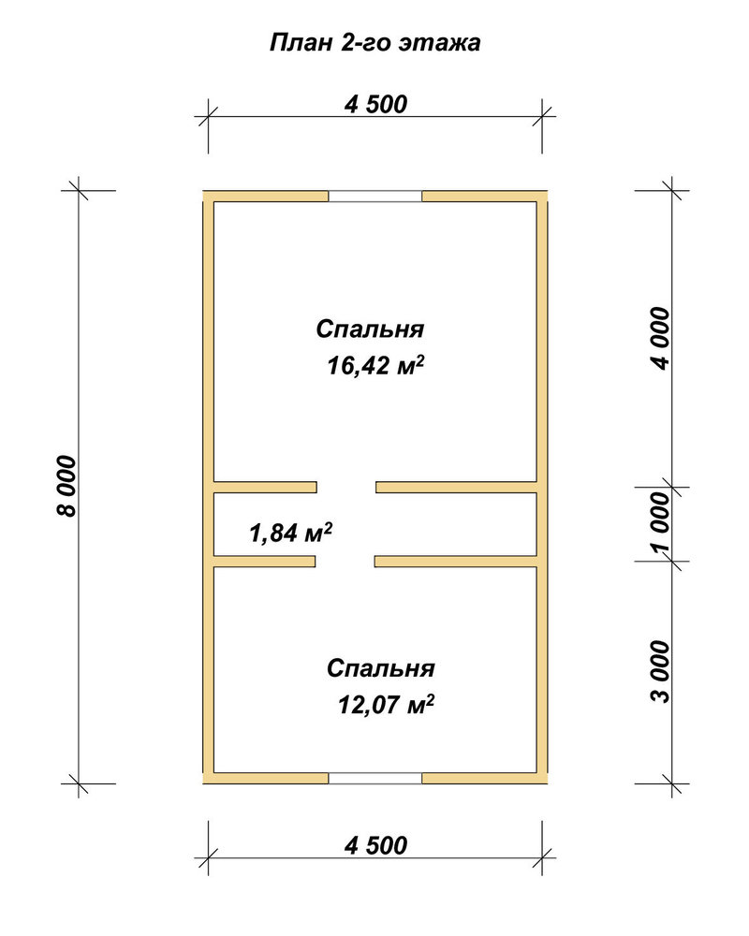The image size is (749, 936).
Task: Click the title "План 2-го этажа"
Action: [x=375, y=43]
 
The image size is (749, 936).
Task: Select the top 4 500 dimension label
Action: [x=375, y=104]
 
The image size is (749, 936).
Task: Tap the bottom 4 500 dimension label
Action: [x=375, y=845]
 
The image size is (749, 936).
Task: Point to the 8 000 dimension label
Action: [x=66, y=486]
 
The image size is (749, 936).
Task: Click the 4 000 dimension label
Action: [x=660, y=339]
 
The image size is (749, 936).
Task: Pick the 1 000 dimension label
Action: [x=660, y=523]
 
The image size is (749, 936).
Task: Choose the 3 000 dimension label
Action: [x=660, y=671]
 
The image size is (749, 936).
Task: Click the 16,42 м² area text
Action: [x=375, y=365]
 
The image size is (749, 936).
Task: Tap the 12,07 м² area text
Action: [x=386, y=705]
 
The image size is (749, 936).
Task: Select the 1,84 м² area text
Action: [x=291, y=532]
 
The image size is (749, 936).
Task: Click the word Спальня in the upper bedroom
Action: [x=371, y=329]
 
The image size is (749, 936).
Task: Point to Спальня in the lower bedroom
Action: [x=380, y=668]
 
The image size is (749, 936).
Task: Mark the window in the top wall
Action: [x=375, y=197]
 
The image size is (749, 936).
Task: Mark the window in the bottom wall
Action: [x=375, y=778]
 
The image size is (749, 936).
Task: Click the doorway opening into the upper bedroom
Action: [x=346, y=487]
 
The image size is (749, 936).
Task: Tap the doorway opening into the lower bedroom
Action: [x=345, y=561]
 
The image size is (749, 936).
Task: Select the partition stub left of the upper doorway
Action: [x=265, y=487]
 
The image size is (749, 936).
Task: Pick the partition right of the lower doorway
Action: [x=456, y=561]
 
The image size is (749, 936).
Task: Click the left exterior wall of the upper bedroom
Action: [x=209, y=342]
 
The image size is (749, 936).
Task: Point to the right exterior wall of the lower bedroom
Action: [x=542, y=670]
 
